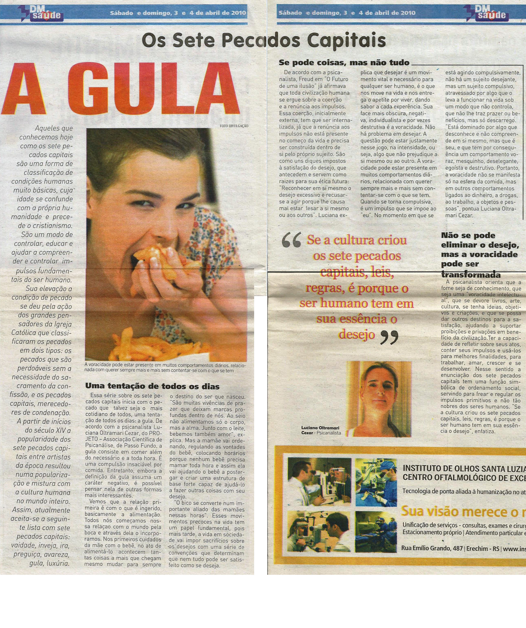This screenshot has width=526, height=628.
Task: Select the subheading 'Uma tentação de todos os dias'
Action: [x=152, y=386]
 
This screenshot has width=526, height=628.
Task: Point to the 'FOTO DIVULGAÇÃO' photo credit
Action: [x=234, y=126]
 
